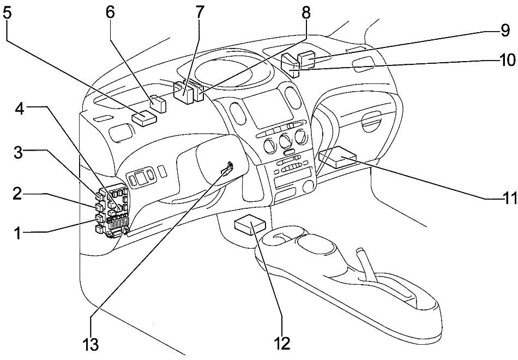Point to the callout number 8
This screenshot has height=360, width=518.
pos(306,12)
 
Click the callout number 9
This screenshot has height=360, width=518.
pos(505,32)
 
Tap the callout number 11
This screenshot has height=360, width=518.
pos(509,197)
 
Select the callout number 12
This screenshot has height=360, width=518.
pos(282,343)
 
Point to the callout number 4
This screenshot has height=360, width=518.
pos(20,109)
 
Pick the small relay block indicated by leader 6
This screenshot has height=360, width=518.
pos(158,103)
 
